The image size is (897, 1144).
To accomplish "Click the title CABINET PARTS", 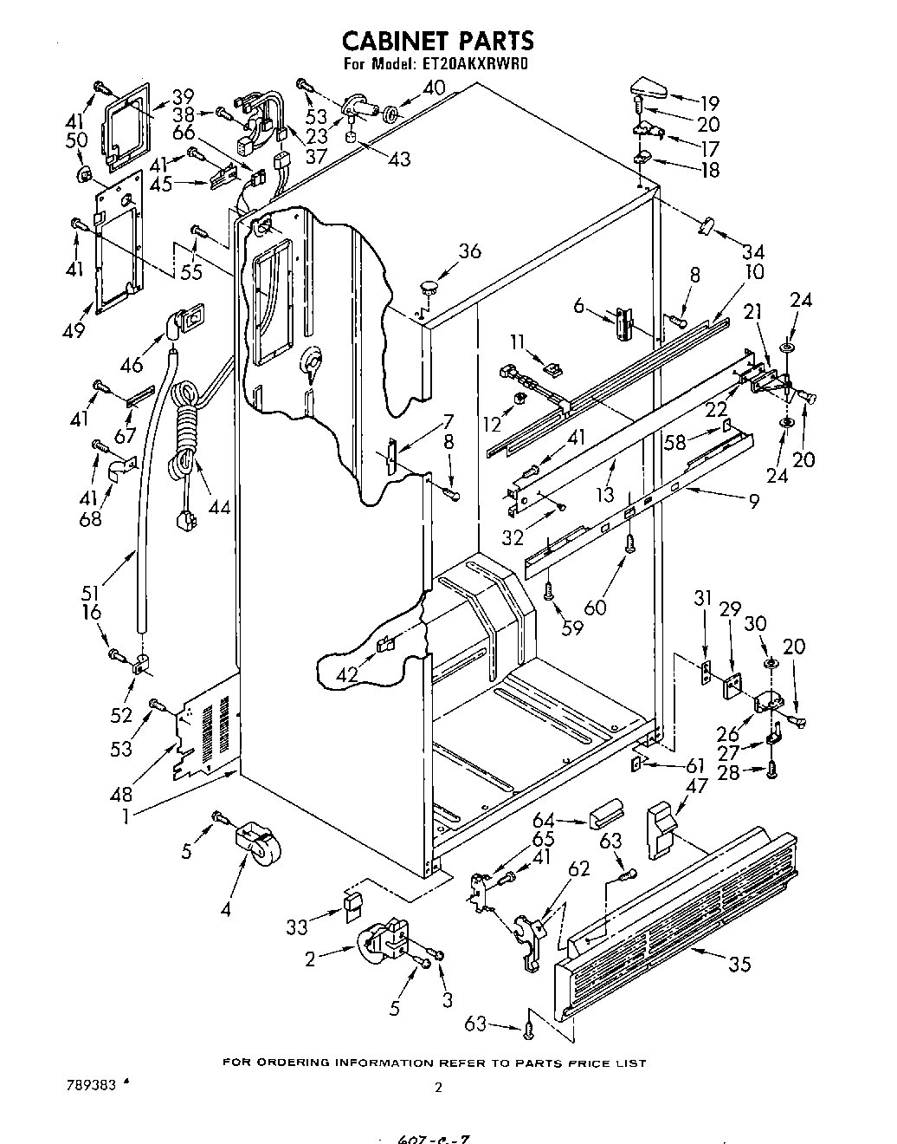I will (x=438, y=40).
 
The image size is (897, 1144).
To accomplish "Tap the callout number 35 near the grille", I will (x=739, y=963).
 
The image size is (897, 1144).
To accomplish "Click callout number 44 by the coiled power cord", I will (x=219, y=507).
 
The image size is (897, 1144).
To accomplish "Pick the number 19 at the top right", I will (x=710, y=100).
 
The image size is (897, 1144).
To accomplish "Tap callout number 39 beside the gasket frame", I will (x=183, y=96).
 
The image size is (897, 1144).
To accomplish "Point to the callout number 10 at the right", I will (x=754, y=271).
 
